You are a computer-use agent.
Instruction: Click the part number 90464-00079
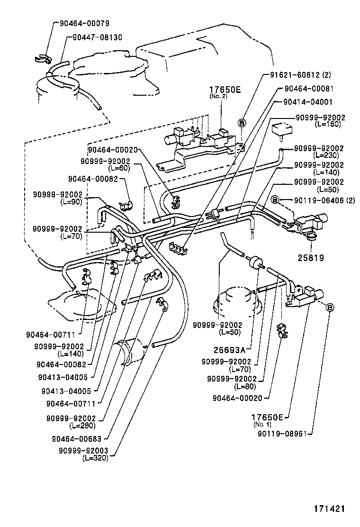[84, 23]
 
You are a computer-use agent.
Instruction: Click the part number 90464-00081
[315, 88]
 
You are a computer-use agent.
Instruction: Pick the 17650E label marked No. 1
[267, 417]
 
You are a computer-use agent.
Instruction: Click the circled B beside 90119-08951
[330, 308]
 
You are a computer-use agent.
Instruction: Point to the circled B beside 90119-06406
[275, 200]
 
